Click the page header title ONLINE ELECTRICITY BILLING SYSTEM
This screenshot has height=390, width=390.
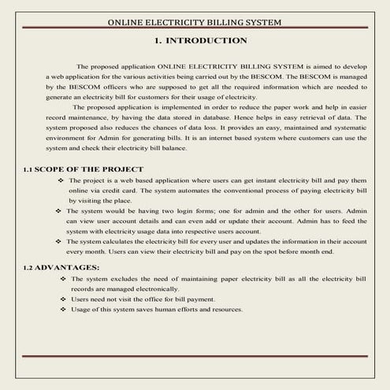195,22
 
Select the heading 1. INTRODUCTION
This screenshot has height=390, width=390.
200,40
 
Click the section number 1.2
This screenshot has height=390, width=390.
29,268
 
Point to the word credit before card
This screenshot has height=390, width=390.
124,191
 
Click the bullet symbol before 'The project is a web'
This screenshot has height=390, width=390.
61,180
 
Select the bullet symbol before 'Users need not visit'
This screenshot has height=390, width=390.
62,299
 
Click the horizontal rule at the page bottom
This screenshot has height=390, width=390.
195,356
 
